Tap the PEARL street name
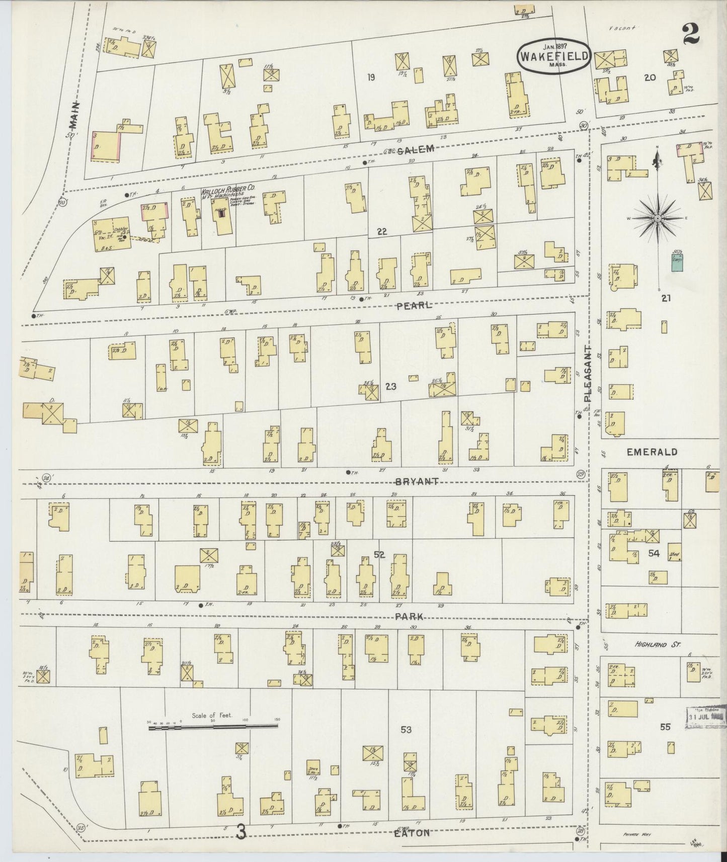[414, 305]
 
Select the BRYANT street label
[417, 481]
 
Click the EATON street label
[413, 833]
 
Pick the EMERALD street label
[652, 452]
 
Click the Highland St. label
[657, 644]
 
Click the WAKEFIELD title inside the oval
[553, 56]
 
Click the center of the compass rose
[658, 219]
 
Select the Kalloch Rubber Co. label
[227, 192]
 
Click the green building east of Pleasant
[677, 262]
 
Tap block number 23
[391, 386]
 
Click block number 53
[406, 730]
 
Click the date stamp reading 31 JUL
[705, 716]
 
